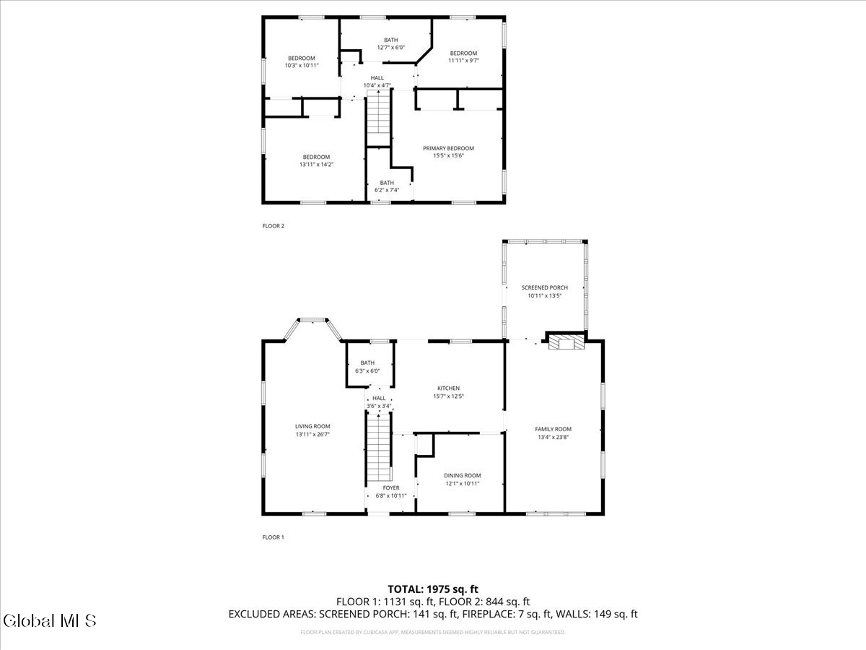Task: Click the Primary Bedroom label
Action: [448, 148]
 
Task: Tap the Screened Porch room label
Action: [544, 287]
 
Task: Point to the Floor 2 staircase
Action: [378, 119]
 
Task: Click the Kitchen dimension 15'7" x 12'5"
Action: [447, 396]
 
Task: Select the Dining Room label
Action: [462, 475]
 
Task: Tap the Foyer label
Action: [390, 488]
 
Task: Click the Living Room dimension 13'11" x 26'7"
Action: [312, 435]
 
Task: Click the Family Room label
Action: [553, 429]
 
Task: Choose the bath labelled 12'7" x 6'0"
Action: [390, 43]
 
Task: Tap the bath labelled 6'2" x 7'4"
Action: [387, 186]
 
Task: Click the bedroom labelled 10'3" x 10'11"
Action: [302, 61]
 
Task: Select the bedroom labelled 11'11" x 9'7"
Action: [463, 56]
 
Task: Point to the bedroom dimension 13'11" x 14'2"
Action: [316, 165]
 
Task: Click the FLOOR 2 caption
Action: [273, 226]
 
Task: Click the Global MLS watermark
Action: [49, 620]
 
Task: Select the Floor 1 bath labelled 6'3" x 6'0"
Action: [367, 366]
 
